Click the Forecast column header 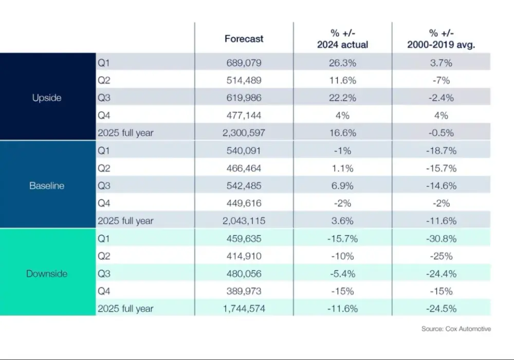244,39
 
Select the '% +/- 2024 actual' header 342,39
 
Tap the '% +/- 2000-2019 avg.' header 441,39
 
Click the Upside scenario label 47,98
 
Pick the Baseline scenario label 47,186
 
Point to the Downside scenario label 47,274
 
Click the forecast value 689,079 244,63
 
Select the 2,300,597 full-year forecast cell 244,133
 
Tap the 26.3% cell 342,63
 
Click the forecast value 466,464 244,168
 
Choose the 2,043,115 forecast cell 244,221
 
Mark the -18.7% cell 441,151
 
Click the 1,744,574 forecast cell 244,309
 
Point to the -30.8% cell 441,238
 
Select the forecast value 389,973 244,291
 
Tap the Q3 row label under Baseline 104,186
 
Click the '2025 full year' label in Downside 125,309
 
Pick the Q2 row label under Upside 104,80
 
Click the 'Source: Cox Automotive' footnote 456,329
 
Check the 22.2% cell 342,98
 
